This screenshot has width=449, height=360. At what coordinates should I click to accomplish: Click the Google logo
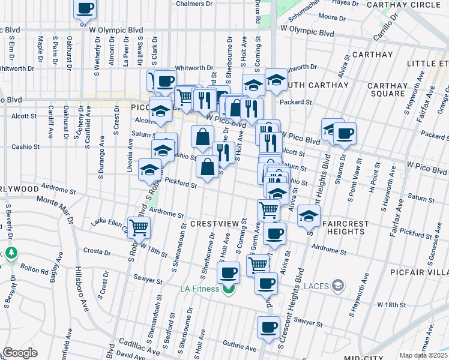[20, 353]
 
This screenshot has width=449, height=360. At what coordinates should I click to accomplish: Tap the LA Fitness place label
[200, 289]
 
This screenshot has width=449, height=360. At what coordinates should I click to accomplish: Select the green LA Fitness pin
[228, 290]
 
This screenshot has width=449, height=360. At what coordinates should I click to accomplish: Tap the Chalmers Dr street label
[194, 4]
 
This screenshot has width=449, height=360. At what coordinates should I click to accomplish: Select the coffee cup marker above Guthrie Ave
[268, 328]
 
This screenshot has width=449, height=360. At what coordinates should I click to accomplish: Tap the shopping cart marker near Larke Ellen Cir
[139, 227]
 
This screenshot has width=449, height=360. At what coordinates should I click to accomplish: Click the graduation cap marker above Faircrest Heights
[309, 216]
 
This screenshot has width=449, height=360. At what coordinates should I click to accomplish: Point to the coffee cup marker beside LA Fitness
[228, 274]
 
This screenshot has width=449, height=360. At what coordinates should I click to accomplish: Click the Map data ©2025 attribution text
[424, 355]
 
